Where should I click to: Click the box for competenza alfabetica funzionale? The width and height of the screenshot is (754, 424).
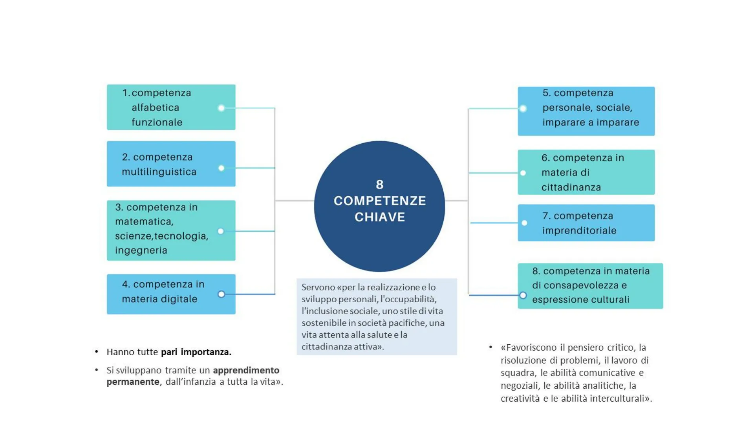tap(171, 107)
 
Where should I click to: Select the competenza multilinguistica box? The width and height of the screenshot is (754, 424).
tap(171, 164)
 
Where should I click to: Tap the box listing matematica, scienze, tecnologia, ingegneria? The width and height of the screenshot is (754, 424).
tap(171, 230)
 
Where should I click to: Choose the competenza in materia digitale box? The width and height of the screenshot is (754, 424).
tap(171, 294)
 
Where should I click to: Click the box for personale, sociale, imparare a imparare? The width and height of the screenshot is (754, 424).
tap(586, 111)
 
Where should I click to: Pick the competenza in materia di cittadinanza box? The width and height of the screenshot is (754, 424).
tap(586, 172)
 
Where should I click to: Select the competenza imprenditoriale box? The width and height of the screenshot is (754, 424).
tap(586, 223)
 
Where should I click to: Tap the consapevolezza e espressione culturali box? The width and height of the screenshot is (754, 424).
tap(590, 286)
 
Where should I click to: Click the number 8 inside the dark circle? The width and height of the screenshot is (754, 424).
tap(379, 185)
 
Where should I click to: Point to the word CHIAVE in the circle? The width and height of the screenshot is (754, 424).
tap(380, 217)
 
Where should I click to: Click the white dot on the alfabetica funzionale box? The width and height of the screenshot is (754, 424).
tap(221, 108)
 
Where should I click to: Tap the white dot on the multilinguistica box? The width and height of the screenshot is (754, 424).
tap(221, 168)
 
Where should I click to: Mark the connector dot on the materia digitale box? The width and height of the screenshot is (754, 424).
tap(221, 294)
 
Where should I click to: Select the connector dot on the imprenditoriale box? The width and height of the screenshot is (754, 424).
tap(525, 223)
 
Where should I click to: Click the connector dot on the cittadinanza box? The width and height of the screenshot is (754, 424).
tap(523, 173)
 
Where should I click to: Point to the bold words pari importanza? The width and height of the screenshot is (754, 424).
tap(196, 352)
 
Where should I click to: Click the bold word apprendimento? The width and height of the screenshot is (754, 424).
tap(246, 370)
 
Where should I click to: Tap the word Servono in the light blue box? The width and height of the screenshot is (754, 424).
tap(318, 287)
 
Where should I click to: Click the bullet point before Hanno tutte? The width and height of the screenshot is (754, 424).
tap(97, 352)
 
